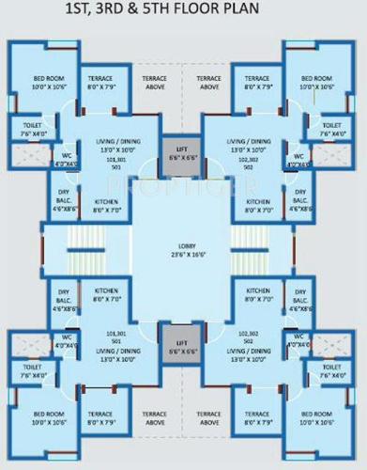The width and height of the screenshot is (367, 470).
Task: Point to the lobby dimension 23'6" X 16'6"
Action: [x=183, y=254]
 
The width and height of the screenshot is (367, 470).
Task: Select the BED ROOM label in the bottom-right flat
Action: [x=317, y=414]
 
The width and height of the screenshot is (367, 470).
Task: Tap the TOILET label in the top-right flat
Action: [x=330, y=125]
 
